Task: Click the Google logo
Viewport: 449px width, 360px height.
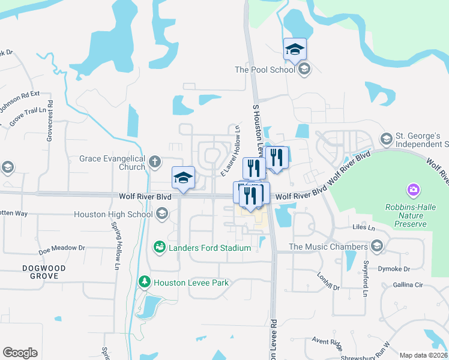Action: click(20, 353)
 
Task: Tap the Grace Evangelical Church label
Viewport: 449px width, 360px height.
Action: click(112, 163)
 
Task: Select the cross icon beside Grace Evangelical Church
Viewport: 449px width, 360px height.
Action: click(155, 161)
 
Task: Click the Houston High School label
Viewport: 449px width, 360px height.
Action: click(113, 214)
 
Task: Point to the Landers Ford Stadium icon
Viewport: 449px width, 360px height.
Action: click(160, 247)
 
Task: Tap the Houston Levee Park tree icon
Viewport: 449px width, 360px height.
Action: click(144, 281)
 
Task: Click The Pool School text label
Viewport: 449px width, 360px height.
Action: click(264, 70)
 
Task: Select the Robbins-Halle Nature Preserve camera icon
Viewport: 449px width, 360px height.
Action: click(413, 191)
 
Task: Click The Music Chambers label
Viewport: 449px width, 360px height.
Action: click(328, 247)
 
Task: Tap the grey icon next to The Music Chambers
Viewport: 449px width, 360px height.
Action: click(376, 246)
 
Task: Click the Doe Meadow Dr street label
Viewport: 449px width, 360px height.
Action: click(62, 247)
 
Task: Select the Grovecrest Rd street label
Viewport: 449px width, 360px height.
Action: click(50, 121)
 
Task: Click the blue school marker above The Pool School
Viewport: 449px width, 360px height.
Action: click(295, 49)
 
